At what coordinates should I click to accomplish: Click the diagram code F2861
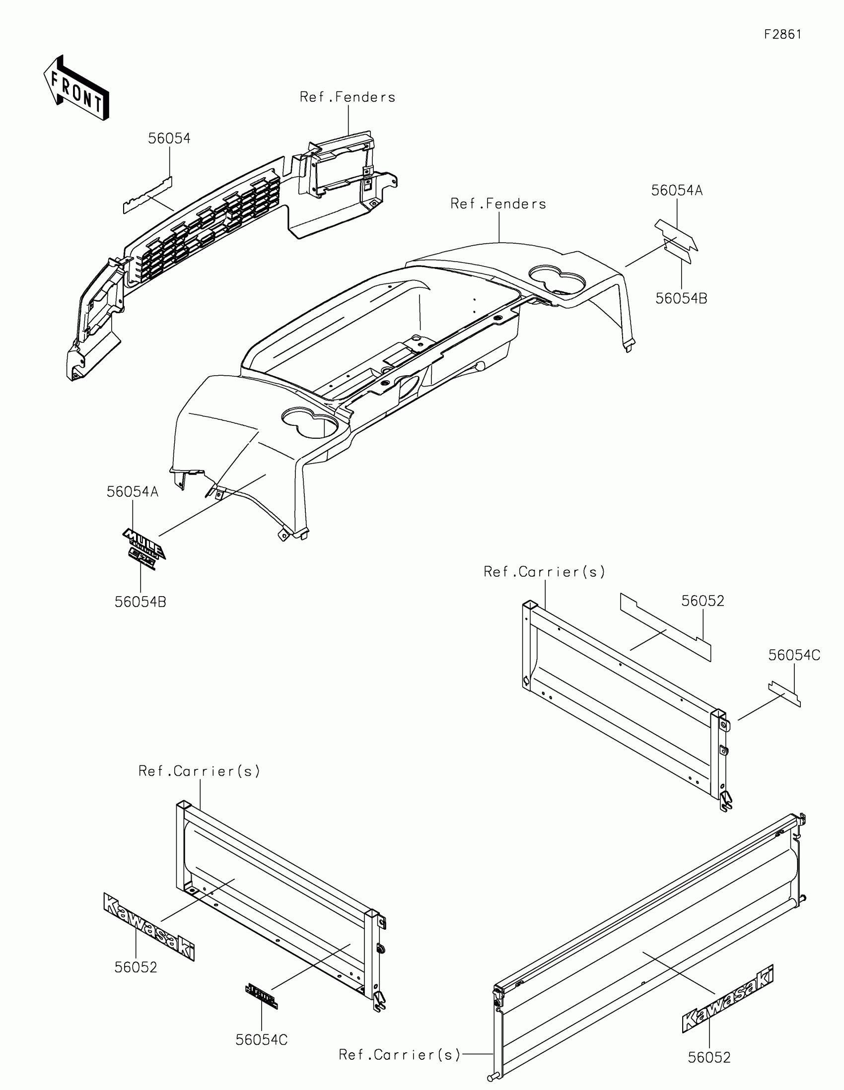pos(782,34)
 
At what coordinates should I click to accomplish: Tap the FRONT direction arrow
pos(76,88)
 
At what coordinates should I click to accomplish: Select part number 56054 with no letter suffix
pos(169,138)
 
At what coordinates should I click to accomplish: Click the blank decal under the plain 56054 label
pos(148,195)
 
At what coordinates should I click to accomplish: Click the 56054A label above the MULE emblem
pos(132,491)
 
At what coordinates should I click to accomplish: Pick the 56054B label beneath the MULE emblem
pos(140,602)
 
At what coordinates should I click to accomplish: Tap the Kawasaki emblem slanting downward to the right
pos(149,925)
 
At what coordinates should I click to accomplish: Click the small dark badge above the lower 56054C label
pos(261,996)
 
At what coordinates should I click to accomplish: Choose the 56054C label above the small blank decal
pos(794,655)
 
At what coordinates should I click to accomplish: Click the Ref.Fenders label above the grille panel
pos(348,97)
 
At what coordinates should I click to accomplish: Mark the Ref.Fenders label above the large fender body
pos(498,204)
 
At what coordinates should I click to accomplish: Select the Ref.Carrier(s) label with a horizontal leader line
pos(399,1055)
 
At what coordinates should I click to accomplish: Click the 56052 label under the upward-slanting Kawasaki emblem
pos(709,1057)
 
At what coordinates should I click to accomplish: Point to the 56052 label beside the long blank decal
pos(703,601)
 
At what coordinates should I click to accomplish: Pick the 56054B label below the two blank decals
pos(681,298)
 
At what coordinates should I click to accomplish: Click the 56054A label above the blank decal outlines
pos(677,190)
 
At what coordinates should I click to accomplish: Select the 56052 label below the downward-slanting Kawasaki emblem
pos(136,967)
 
